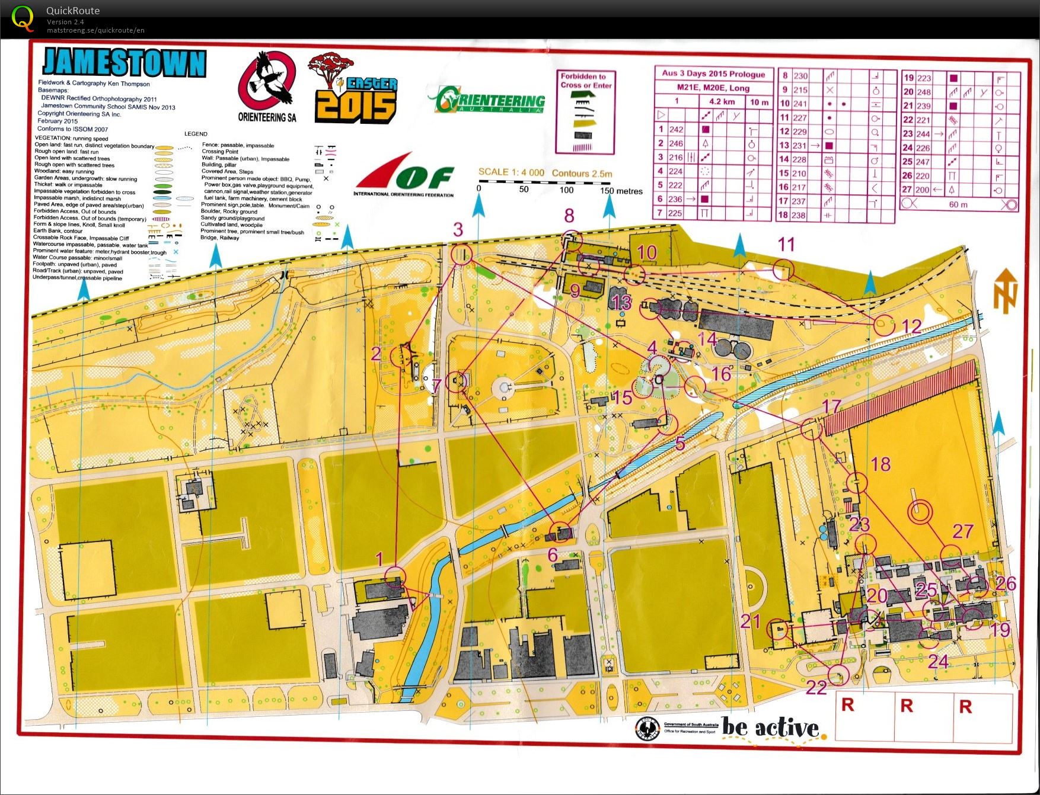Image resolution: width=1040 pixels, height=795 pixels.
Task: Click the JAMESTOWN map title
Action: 124,63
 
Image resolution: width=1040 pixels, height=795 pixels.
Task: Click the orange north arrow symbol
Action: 1006,291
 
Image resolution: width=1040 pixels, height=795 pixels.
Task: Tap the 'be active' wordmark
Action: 771,727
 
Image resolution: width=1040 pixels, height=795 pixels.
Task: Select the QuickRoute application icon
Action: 23,18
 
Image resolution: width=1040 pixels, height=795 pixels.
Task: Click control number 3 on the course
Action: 458,230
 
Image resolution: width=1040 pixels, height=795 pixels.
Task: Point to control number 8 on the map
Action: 569,216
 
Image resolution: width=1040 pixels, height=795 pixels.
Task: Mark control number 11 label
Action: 786,244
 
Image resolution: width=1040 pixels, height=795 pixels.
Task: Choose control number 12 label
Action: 911,326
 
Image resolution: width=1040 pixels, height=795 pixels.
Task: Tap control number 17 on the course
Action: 832,406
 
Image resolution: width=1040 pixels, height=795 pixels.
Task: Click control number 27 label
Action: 963,531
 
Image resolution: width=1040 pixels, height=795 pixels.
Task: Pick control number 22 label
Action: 816,688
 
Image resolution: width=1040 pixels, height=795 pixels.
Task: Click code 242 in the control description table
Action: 676,130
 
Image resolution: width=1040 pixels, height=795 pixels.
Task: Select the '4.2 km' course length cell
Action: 722,102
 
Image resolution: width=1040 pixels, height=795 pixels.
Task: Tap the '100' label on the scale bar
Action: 566,190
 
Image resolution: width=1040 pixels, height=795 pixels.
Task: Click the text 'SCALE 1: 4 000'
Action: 511,172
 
